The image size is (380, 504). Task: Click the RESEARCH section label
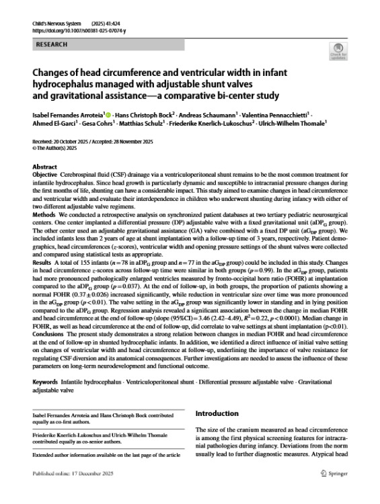[50, 44]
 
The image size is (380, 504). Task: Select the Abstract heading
[44, 167]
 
